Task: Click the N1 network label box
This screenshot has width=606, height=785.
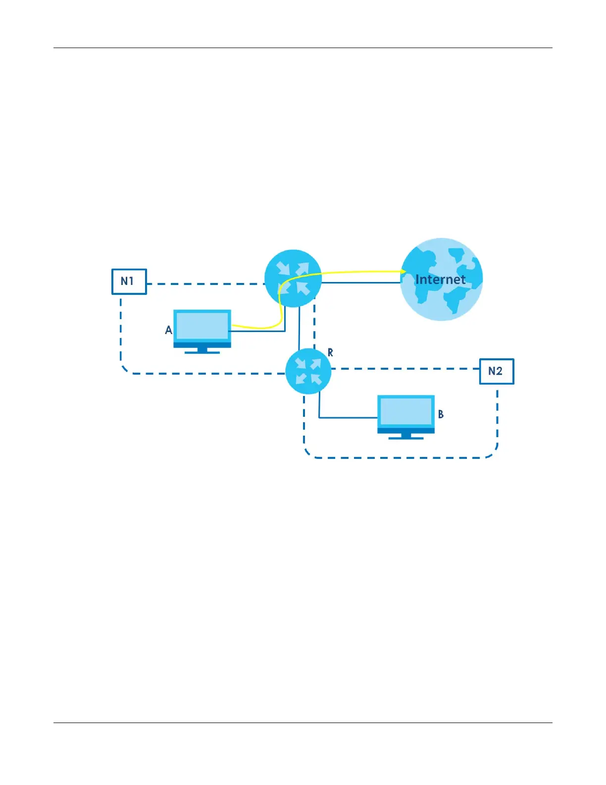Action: point(129,281)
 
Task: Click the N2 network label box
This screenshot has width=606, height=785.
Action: point(496,371)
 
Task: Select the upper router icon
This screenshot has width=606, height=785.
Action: point(293,278)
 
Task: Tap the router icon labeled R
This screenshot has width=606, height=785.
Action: point(308,371)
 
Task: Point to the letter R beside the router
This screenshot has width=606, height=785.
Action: point(330,352)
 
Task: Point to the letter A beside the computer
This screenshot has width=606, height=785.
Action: point(168,330)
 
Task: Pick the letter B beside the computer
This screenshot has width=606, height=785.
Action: point(441,414)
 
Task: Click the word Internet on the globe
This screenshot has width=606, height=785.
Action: point(440,280)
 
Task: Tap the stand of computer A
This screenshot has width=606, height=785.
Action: point(202,350)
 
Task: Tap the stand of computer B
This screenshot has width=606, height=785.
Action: point(406,436)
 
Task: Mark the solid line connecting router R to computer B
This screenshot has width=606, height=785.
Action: point(347,418)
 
